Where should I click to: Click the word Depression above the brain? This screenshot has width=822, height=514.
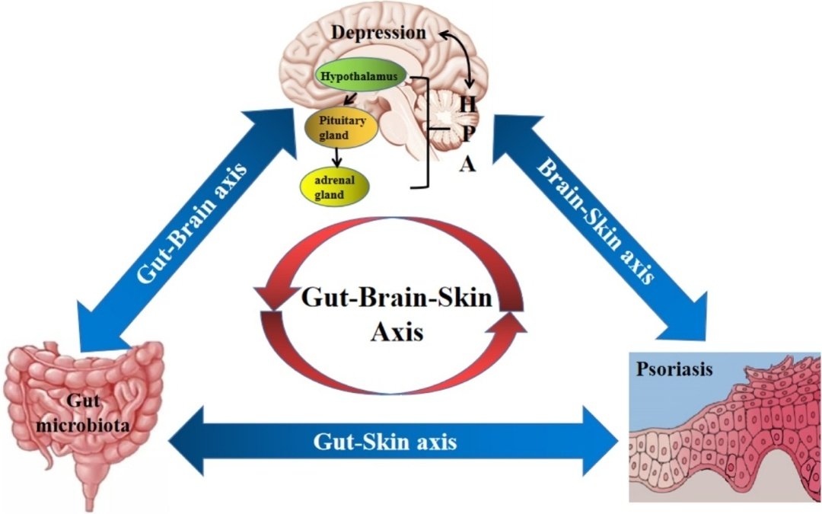378,33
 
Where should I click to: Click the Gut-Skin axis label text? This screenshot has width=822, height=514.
386,441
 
